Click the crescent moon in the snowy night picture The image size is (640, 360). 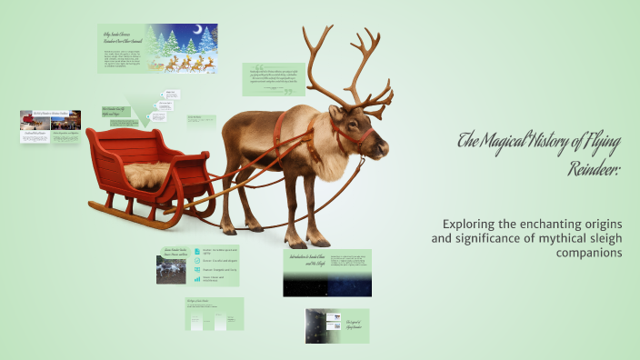coord(190,30)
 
